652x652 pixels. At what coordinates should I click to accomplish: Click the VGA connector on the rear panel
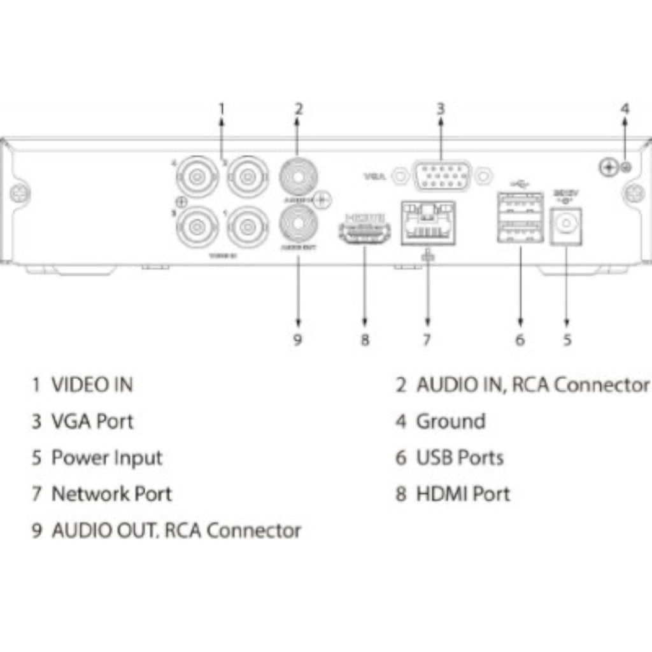[x=443, y=174]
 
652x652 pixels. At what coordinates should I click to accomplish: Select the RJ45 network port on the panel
[x=427, y=223]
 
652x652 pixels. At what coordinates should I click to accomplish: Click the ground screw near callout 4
[x=609, y=167]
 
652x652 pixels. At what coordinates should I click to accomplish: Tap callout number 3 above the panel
[x=441, y=109]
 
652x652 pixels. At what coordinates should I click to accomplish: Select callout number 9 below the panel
[x=297, y=339]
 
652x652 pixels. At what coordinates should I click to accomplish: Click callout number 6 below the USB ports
[x=520, y=339]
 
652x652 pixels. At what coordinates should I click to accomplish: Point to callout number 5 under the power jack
[x=567, y=339]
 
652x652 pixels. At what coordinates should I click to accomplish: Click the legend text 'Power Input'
[x=106, y=458]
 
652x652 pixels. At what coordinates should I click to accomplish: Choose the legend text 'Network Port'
[x=111, y=494]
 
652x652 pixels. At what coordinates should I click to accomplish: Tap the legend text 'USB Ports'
[x=460, y=458]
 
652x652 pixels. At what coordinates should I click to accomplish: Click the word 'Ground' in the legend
[x=450, y=422]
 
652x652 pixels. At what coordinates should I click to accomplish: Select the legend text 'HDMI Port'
[x=463, y=494]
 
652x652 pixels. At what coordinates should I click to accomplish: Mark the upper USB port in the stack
[x=520, y=205]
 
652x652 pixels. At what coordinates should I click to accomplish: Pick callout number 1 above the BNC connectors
[x=222, y=109]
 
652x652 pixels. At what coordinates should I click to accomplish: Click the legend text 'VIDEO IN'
[x=92, y=385]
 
